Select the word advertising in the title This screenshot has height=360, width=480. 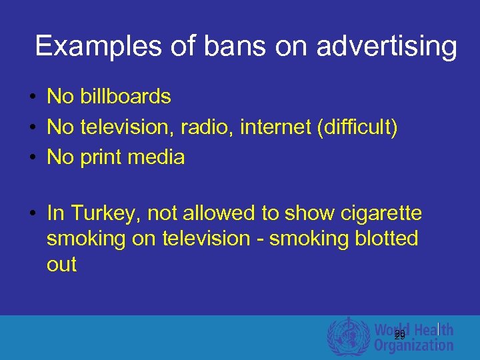point(387,47)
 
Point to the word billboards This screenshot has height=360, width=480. point(125,97)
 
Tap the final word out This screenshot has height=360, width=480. point(61,265)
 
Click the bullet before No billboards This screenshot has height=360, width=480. point(32,97)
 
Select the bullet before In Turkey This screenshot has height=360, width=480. point(32,214)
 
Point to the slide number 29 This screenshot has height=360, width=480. point(400,335)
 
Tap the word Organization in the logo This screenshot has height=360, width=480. point(413,345)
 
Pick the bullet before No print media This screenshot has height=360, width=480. point(32,158)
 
